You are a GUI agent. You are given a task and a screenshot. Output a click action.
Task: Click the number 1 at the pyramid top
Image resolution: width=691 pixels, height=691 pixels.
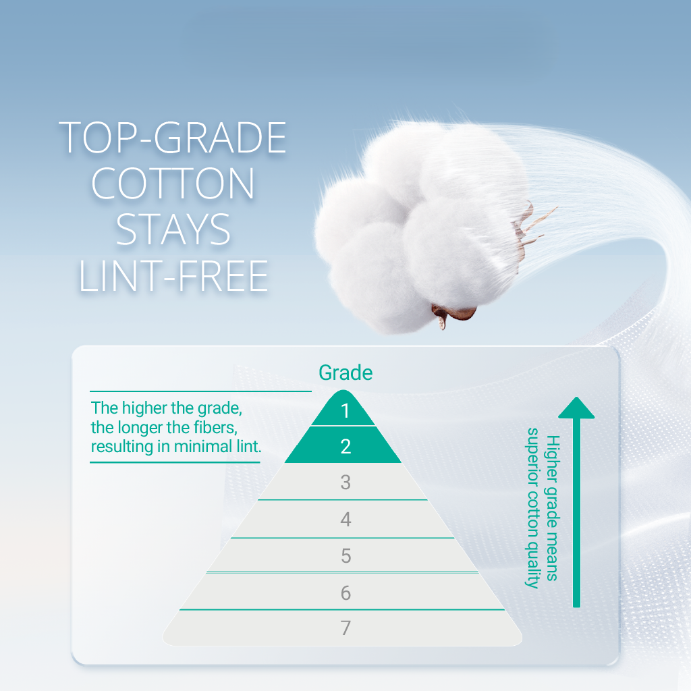345,411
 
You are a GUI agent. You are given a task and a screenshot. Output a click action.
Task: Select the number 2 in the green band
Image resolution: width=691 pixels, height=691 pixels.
345,447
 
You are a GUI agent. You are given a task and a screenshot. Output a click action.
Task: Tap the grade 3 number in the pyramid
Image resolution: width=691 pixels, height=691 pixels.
345,482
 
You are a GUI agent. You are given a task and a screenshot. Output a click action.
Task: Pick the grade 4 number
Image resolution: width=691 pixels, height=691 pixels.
345,519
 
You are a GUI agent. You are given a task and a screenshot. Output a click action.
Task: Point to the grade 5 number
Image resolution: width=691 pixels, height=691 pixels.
346,556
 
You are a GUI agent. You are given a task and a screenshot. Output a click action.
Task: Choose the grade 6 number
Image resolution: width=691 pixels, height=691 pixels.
346,592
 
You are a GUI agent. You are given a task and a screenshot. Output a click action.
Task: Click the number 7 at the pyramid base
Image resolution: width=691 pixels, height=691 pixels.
346,628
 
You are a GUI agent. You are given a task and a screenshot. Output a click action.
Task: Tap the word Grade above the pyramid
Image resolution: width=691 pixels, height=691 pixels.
345,372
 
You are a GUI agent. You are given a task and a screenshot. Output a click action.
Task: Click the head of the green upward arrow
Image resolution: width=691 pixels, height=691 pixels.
576,408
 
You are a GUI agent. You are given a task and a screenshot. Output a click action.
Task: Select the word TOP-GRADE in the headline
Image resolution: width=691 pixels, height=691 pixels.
173,138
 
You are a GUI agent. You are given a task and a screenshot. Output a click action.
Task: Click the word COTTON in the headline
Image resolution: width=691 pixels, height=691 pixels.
173,184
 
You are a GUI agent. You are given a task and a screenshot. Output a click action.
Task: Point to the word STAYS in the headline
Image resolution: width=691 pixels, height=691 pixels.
173,229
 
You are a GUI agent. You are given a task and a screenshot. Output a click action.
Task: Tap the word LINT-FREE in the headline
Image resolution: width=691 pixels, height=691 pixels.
173,276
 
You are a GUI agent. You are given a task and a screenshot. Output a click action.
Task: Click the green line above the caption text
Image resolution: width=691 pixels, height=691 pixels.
200,391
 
